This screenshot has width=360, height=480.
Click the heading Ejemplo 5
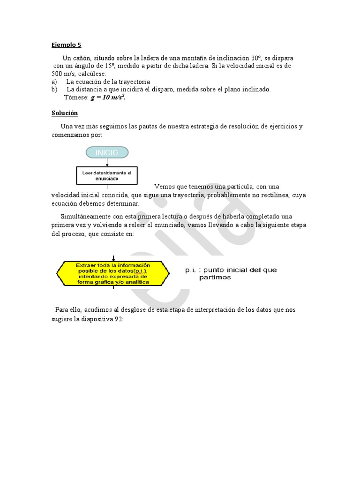click(x=66, y=45)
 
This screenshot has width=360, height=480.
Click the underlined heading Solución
click(x=64, y=113)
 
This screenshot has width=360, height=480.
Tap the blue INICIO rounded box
click(x=107, y=152)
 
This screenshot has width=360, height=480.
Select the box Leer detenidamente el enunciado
click(x=107, y=175)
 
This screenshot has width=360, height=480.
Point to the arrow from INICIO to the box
click(x=107, y=162)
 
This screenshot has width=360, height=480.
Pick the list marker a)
click(x=54, y=82)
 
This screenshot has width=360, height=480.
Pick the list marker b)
click(x=54, y=89)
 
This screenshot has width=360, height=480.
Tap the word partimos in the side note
click(x=215, y=277)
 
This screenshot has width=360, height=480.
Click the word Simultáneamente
click(x=84, y=216)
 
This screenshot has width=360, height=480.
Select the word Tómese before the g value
click(x=76, y=97)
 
